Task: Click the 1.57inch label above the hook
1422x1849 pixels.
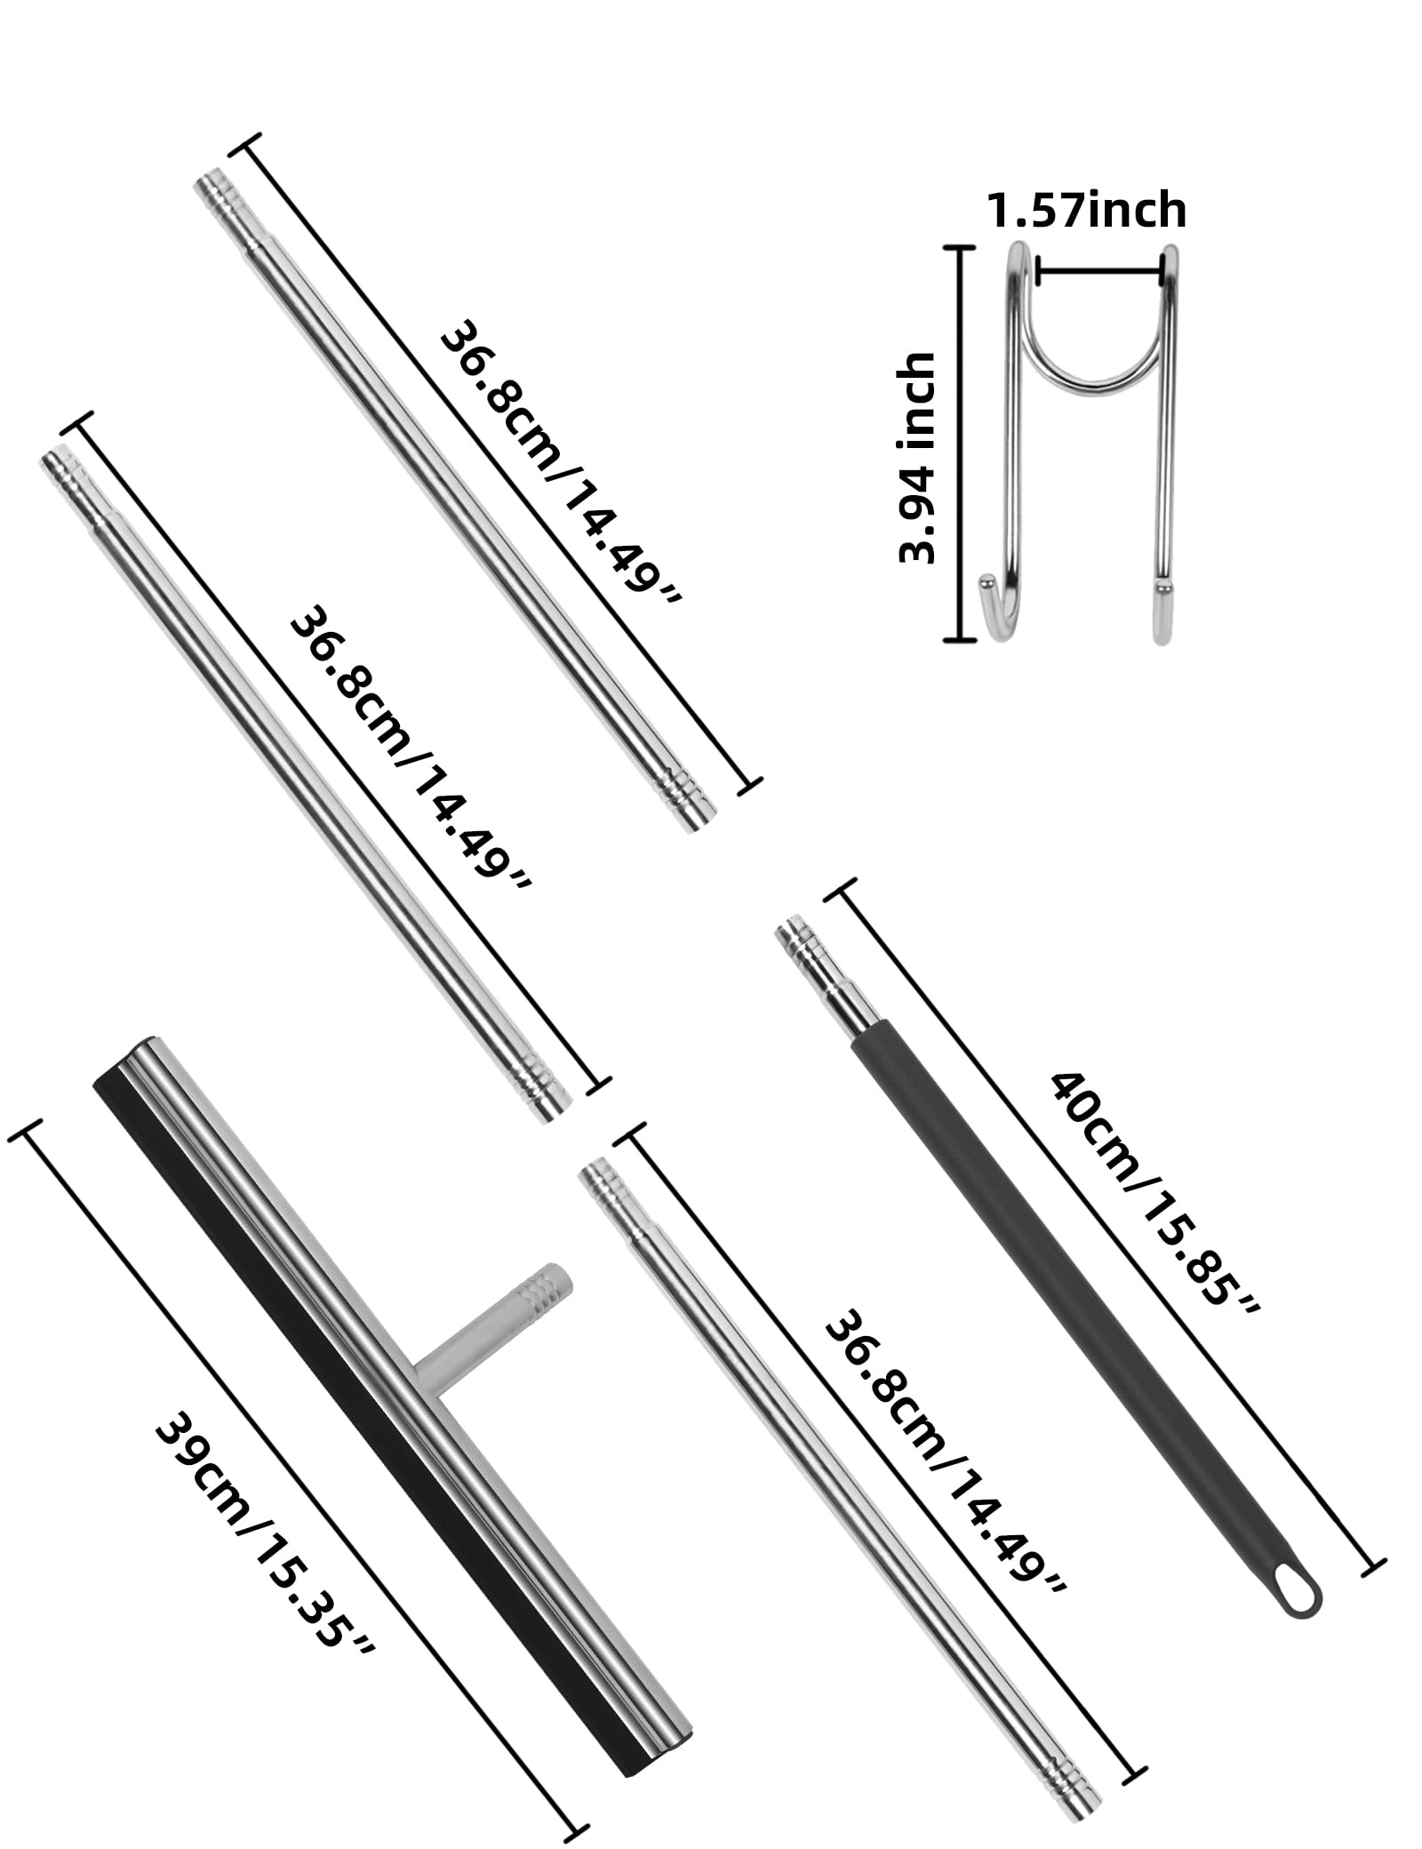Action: point(1086,211)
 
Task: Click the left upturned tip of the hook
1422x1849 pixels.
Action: point(987,584)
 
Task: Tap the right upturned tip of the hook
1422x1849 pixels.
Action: point(1160,585)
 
